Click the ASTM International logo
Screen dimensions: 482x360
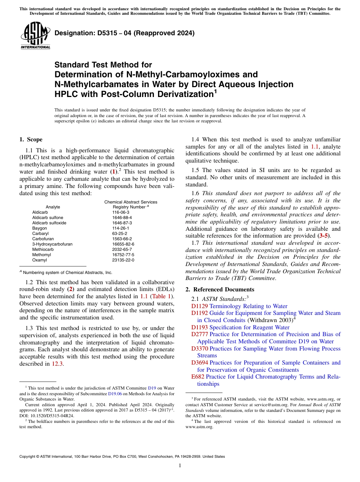point(35,36)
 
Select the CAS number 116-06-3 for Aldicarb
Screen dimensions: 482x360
point(121,212)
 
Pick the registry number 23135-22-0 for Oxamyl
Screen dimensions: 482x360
point(123,260)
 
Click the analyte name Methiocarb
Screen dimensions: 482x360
point(43,249)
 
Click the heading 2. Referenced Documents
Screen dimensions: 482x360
point(220,290)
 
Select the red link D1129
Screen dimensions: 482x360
point(199,306)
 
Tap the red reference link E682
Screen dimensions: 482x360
point(198,377)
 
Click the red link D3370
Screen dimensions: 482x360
point(200,349)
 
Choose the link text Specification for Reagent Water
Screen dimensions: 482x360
point(249,327)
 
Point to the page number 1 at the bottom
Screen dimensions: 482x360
point(180,466)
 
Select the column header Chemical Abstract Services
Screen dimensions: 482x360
point(131,202)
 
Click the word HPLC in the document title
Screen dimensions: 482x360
point(66,94)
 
